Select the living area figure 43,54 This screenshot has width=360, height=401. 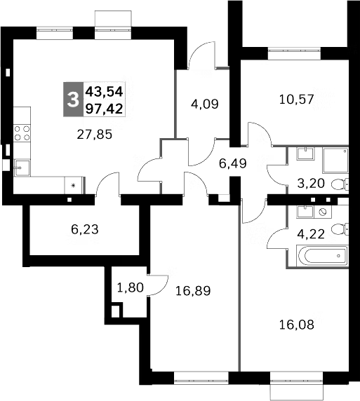coord(104,91)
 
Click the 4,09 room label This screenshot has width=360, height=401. coord(205,104)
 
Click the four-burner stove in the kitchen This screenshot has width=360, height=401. coord(22,134)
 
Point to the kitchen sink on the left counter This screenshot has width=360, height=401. coord(21,167)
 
